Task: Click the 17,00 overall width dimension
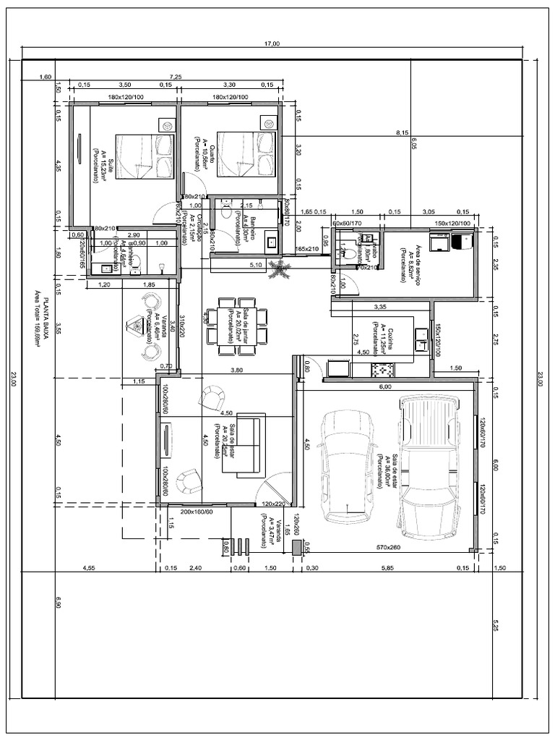tap(272, 44)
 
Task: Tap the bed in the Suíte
tap(145, 156)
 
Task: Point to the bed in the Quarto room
tap(246, 153)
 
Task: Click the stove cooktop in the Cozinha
tap(382, 369)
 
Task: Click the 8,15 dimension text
tap(403, 132)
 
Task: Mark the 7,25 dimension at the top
tap(175, 76)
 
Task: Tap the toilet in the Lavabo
tap(350, 253)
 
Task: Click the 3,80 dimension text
tap(236, 370)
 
